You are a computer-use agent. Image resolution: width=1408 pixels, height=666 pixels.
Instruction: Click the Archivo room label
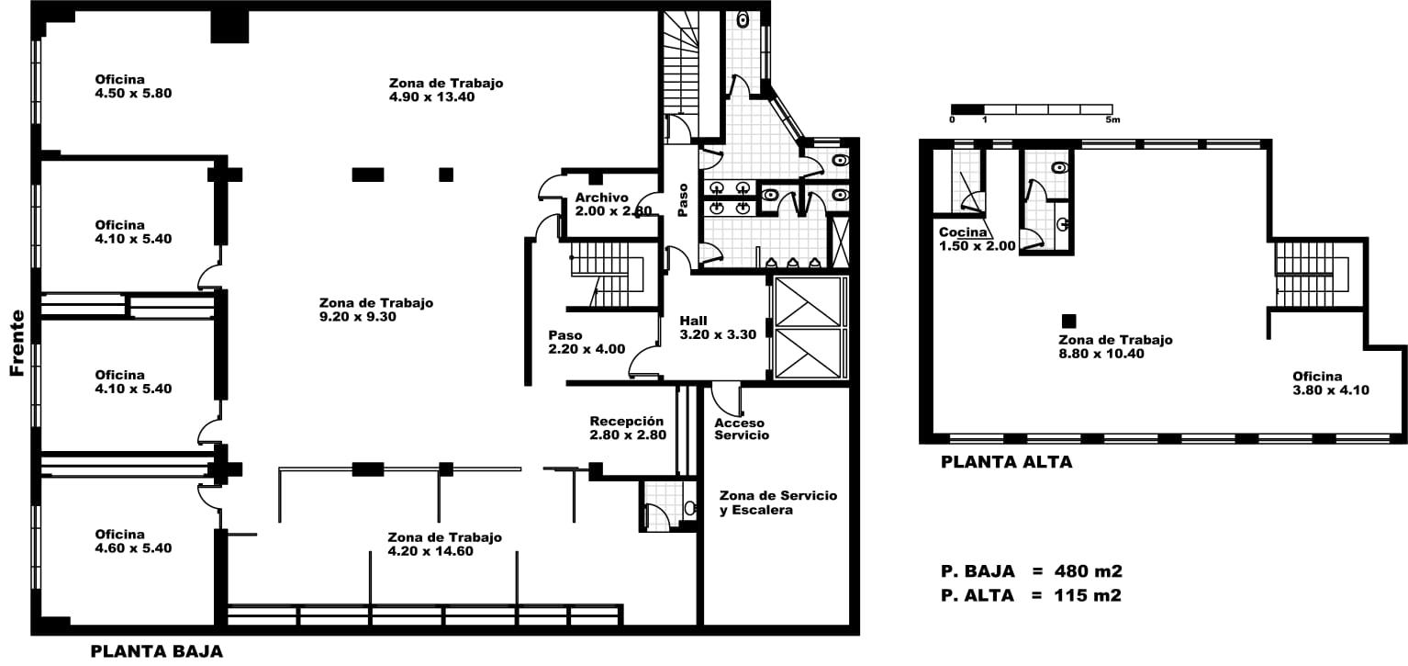[613, 204]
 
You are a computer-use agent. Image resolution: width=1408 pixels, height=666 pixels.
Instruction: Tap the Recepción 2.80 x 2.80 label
[628, 428]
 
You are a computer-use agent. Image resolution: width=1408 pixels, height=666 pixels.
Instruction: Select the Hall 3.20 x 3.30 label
[718, 328]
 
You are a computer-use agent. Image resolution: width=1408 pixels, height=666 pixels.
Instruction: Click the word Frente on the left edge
[17, 343]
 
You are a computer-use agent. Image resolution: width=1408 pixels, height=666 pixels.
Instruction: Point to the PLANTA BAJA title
[157, 651]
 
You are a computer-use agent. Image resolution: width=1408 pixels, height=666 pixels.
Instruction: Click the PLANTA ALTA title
[1006, 462]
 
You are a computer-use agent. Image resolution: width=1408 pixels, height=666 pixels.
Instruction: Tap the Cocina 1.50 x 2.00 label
[977, 239]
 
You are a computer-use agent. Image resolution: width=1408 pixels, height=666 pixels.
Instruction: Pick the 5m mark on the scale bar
[1112, 119]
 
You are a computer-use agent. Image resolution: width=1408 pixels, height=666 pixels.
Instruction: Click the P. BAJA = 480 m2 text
[1032, 571]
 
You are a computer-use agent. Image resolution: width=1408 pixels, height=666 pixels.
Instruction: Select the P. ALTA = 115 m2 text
[1031, 595]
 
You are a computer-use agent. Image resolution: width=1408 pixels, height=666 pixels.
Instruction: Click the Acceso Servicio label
[742, 429]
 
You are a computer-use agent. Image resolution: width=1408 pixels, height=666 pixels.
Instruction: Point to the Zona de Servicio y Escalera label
[778, 502]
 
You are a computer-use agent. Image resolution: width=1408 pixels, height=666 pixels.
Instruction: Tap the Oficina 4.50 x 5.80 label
[133, 86]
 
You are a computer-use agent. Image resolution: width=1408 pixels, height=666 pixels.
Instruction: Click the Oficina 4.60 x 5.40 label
[133, 541]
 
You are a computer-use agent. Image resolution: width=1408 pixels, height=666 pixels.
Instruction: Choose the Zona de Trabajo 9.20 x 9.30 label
[376, 310]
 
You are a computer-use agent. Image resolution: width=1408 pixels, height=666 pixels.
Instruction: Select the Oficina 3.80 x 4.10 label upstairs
[1331, 383]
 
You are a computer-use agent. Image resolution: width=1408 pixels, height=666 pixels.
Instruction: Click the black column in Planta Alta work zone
[1068, 322]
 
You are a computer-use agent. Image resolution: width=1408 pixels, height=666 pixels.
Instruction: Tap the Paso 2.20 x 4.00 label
[587, 342]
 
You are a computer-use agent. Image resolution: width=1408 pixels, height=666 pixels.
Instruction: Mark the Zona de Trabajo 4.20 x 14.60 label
[444, 544]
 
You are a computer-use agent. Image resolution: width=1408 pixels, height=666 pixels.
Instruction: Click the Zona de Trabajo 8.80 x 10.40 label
[1115, 346]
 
